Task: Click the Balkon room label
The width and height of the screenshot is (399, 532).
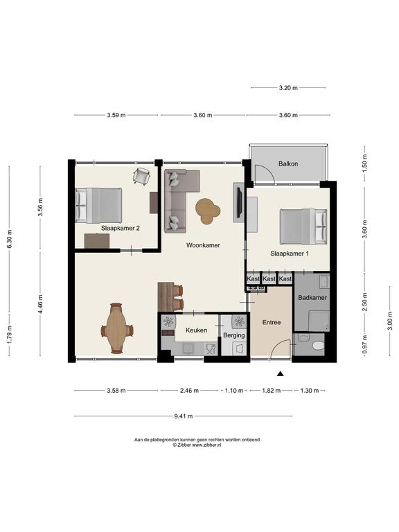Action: pyautogui.click(x=288, y=163)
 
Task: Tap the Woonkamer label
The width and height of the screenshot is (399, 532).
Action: pyautogui.click(x=203, y=245)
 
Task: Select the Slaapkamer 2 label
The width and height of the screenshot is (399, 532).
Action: pyautogui.click(x=120, y=229)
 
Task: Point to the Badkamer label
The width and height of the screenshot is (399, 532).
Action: pyautogui.click(x=312, y=298)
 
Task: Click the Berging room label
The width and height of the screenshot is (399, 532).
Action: pyautogui.click(x=233, y=335)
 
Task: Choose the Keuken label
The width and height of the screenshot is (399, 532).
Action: pyautogui.click(x=196, y=330)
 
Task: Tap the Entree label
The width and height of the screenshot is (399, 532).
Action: pyautogui.click(x=272, y=322)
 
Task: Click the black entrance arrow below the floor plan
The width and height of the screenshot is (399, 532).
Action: pyautogui.click(x=281, y=374)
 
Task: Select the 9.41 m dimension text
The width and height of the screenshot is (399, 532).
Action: pyautogui.click(x=184, y=416)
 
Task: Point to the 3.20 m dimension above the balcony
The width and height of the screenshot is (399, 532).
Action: pyautogui.click(x=288, y=87)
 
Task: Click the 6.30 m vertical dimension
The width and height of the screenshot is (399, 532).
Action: pyautogui.click(x=9, y=239)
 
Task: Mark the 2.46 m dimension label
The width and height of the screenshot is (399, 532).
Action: pyautogui.click(x=189, y=391)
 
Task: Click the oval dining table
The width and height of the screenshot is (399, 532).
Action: pyautogui.click(x=116, y=328)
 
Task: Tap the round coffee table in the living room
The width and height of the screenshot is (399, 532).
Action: pyautogui.click(x=208, y=211)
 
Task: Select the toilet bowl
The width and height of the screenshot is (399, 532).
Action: pyautogui.click(x=318, y=346)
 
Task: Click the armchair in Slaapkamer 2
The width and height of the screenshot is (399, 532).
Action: pyautogui.click(x=141, y=176)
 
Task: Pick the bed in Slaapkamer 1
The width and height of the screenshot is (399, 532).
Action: pyautogui.click(x=303, y=227)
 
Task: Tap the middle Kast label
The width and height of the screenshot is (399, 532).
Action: pyautogui.click(x=269, y=278)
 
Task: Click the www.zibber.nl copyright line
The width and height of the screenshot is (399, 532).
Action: pyautogui.click(x=197, y=445)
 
